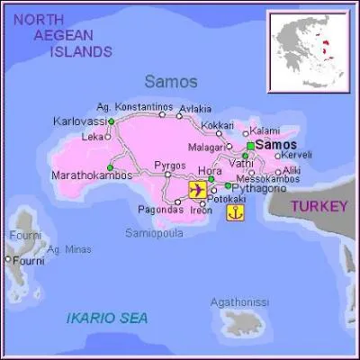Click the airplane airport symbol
coord(197,190)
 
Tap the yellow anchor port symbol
coord(234,213)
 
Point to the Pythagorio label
coord(259,189)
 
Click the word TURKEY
coord(319,206)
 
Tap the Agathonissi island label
coord(238,302)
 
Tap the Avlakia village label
coord(195,110)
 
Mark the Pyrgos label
coord(170,166)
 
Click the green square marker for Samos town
coord(249,145)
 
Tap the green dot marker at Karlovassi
coord(111,121)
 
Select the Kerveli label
coord(296,155)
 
